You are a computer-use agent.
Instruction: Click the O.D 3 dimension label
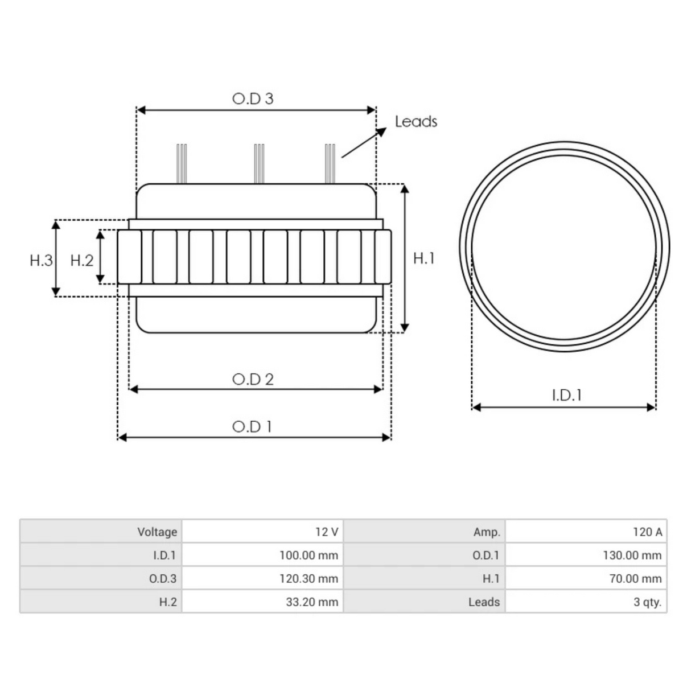[x=253, y=98]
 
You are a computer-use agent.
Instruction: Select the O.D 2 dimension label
[x=253, y=379]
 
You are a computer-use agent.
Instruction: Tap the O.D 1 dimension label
[x=252, y=426]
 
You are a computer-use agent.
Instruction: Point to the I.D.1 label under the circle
[x=567, y=395]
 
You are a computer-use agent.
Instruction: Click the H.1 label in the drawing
[x=423, y=258]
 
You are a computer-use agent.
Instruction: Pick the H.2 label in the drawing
[x=81, y=260]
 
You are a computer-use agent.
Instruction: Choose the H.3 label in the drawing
[x=41, y=260]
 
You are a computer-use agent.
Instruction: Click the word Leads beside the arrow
[x=416, y=121]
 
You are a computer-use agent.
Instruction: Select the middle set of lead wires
[x=259, y=163]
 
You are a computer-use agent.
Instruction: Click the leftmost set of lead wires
[x=182, y=163]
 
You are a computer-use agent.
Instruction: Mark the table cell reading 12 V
[x=327, y=532]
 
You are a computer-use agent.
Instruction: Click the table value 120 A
[x=647, y=532]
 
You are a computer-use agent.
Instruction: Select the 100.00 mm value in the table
[x=308, y=555]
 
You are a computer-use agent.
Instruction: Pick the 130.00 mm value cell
[x=632, y=555]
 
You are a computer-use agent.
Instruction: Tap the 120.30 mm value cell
[x=308, y=578]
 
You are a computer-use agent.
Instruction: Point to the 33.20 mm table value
[x=312, y=602]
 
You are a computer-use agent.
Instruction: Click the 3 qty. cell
[x=647, y=602]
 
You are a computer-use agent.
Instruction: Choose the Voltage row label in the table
[x=157, y=532]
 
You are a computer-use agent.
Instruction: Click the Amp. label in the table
[x=487, y=532]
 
